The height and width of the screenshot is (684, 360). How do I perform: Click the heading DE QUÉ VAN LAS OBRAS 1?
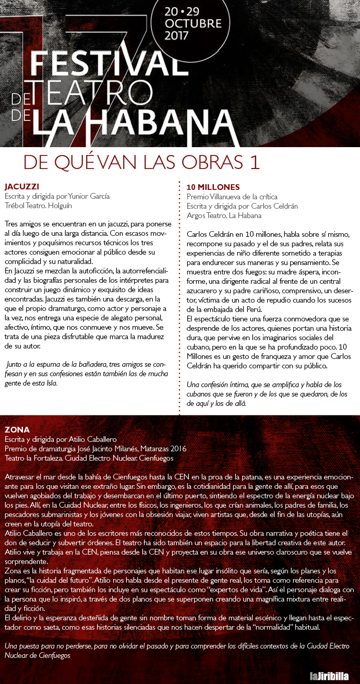[141, 162]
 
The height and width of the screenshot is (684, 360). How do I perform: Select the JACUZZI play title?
[22, 187]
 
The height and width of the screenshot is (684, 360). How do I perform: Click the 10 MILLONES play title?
[213, 187]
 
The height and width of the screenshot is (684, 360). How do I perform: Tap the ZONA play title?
[17, 429]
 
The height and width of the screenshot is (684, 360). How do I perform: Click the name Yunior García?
[87, 196]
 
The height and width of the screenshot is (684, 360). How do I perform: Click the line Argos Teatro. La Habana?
[224, 215]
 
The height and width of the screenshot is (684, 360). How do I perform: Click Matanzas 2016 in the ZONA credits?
[162, 449]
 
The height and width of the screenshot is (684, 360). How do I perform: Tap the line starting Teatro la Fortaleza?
[89, 458]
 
